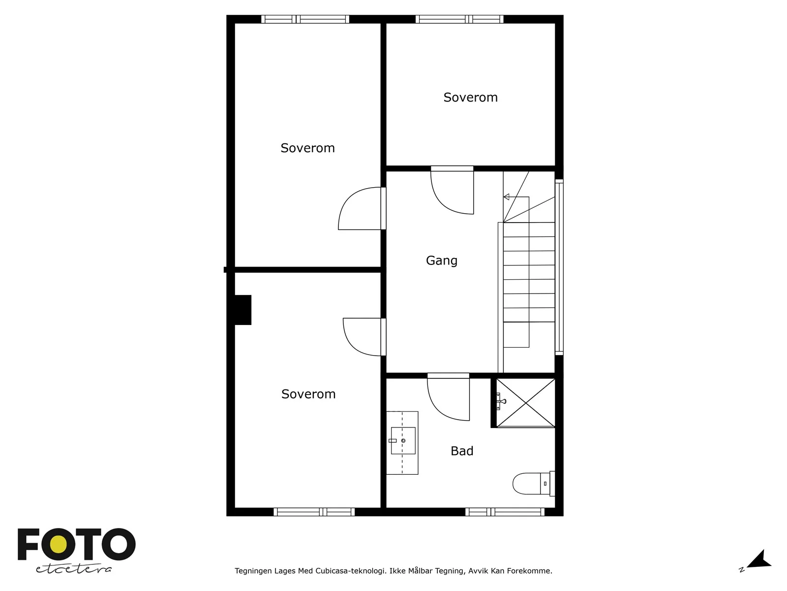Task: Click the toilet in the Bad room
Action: (534, 484)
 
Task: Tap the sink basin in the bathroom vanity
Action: (403, 441)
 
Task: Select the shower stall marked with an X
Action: (526, 403)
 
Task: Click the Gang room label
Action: (441, 261)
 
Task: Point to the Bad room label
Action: (462, 451)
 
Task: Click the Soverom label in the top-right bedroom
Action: (470, 97)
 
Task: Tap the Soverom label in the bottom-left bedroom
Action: (308, 394)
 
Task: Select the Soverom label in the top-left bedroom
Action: (307, 148)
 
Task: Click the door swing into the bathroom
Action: (448, 397)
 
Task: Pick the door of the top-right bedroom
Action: (452, 190)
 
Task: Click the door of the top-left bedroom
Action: (362, 208)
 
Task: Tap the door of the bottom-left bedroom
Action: (364, 337)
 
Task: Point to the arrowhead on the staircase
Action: (506, 197)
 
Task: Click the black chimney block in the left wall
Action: (242, 310)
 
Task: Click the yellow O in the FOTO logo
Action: (59, 545)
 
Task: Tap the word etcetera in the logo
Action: (73, 569)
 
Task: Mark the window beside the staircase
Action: (559, 267)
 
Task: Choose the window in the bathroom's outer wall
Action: (505, 512)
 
